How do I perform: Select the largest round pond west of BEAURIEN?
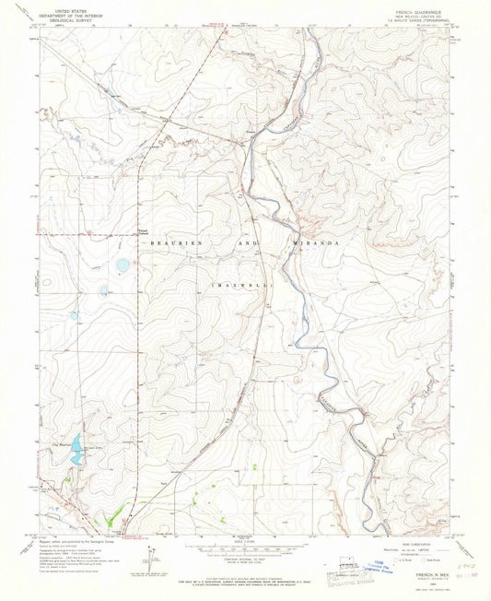click(123, 265)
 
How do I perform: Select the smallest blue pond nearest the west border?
click(74, 315)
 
